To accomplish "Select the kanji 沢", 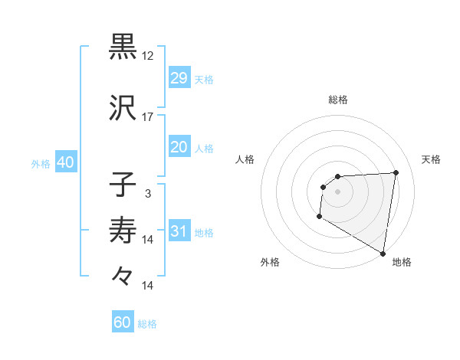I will click(x=123, y=107).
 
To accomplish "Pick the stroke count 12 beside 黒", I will click(x=148, y=56).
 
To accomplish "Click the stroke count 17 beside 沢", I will click(x=148, y=117).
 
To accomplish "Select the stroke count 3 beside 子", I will click(x=148, y=194).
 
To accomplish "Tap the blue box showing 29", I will click(x=179, y=78).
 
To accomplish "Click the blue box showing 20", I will click(x=179, y=147).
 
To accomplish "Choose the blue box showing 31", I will click(x=179, y=231).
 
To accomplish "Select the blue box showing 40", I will click(x=65, y=162).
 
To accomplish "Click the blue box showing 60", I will click(x=123, y=322).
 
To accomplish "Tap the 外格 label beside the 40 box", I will click(x=41, y=164).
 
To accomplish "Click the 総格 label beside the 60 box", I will click(x=148, y=324).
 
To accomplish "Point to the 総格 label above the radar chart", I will click(x=338, y=100).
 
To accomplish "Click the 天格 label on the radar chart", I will click(x=432, y=159).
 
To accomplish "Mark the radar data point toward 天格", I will click(x=396, y=172).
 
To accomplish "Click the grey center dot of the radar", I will click(x=337, y=191).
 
